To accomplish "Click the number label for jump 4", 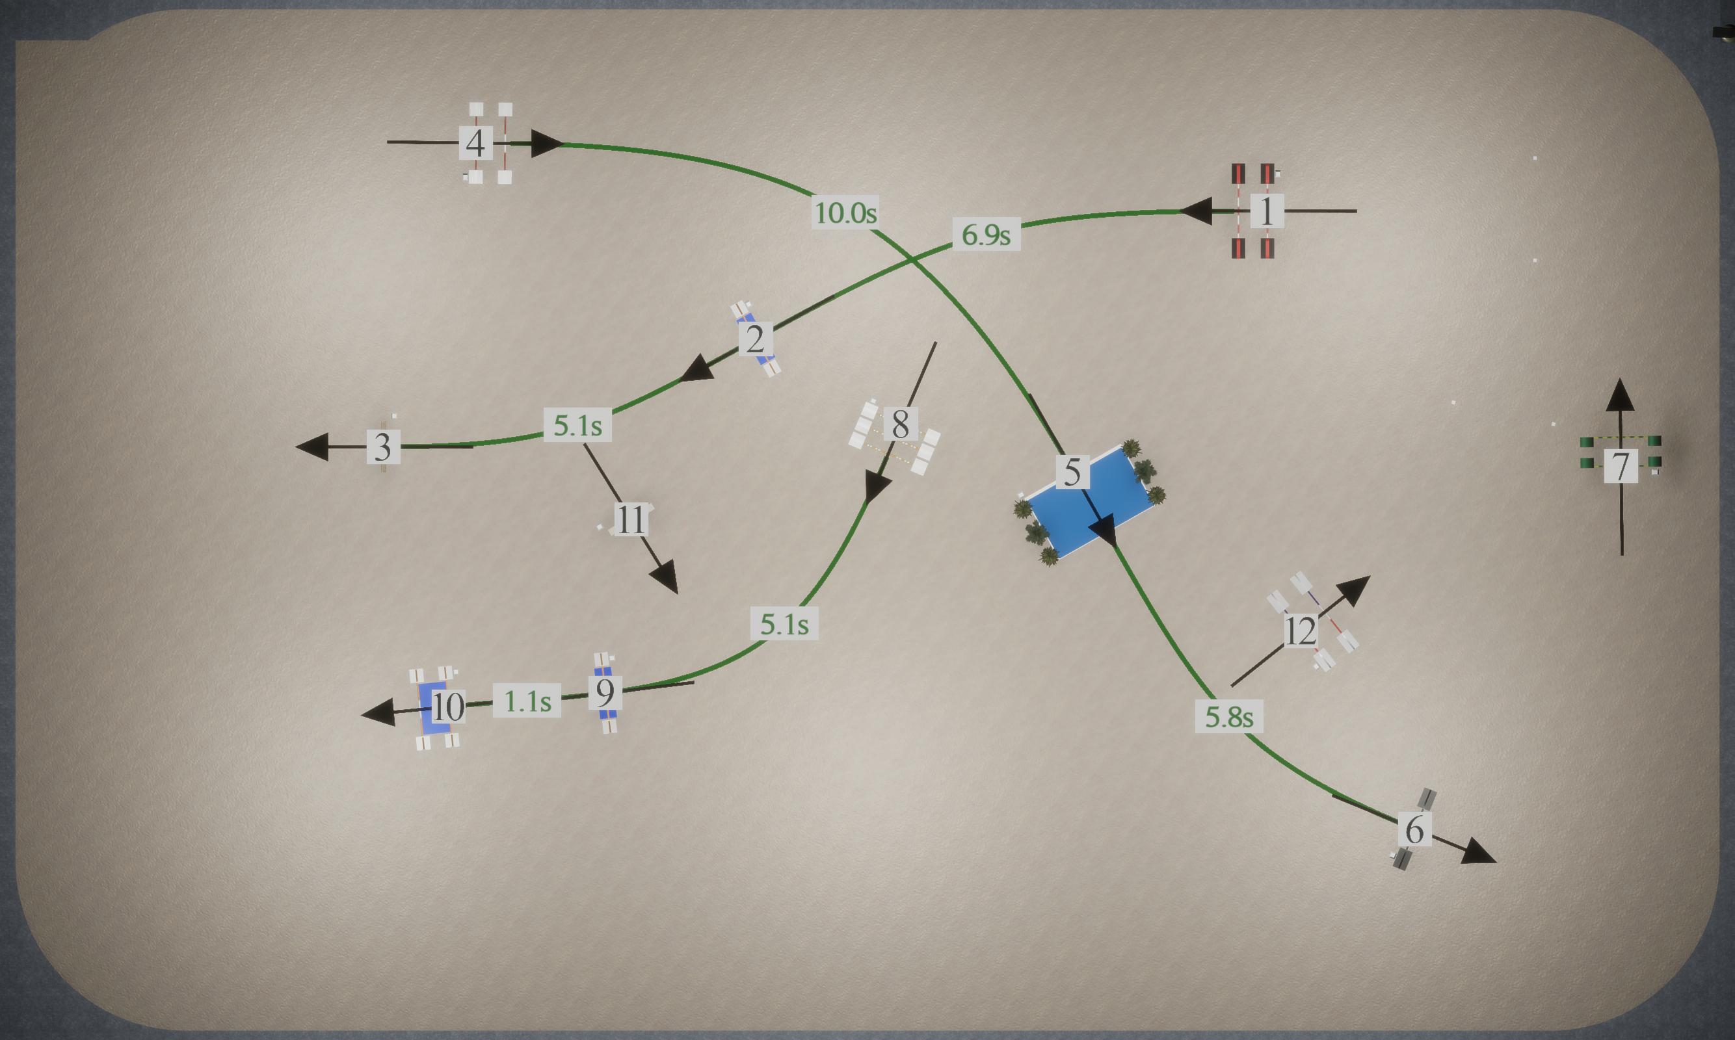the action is pos(475,144).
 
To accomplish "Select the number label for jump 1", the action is pos(1267,211).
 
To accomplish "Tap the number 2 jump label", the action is pos(755,339).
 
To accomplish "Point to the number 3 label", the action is pos(383,447).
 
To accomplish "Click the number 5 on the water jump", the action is pos(1072,472).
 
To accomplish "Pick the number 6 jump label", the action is pos(1414,829).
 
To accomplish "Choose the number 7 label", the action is pos(1621,466).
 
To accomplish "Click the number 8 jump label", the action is pos(901,424).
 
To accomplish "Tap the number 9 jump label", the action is pos(605,692).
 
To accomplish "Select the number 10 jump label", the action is pos(447,707).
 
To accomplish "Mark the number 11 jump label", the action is pos(631,519).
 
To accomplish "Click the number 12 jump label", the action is pos(1301,630).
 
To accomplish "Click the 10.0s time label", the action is pos(845,213).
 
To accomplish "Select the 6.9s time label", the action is pos(987,235).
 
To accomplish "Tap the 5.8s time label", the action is pos(1229,716).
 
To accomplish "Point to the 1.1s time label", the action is pos(527,700).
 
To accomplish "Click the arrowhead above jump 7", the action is pos(1620,395).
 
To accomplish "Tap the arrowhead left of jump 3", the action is pos(312,447).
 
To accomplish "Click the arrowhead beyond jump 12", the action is pos(1354,591).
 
